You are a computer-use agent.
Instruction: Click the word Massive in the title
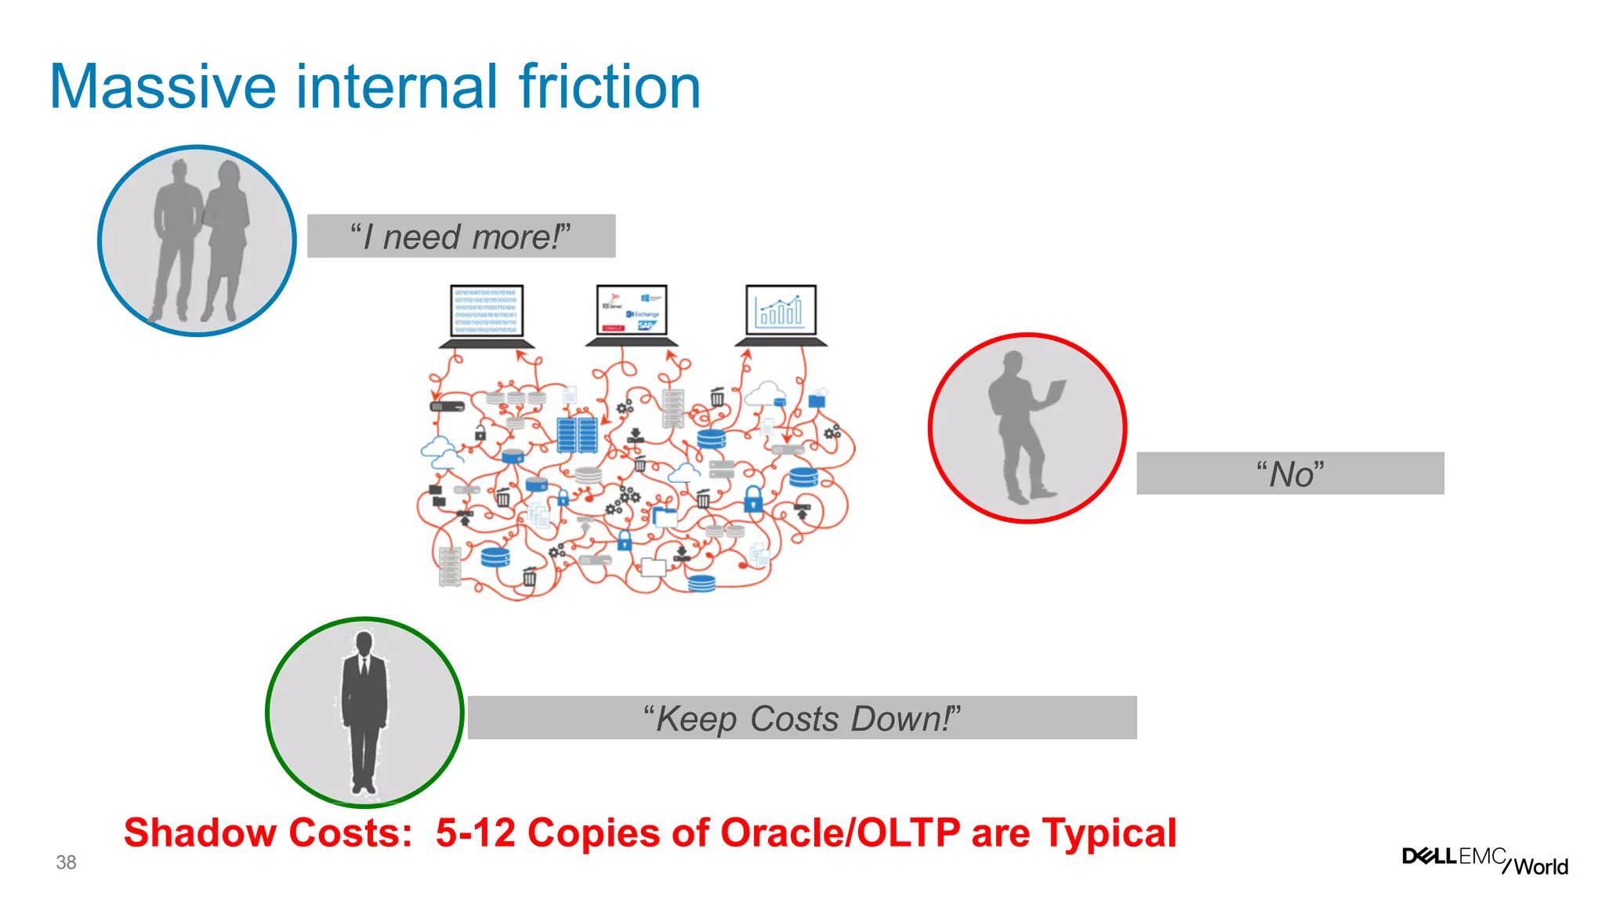tap(162, 87)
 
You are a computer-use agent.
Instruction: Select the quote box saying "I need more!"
tap(461, 236)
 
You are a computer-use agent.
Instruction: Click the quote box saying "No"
tap(1290, 473)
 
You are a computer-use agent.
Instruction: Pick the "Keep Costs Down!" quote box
tap(802, 718)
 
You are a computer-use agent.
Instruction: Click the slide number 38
tap(66, 862)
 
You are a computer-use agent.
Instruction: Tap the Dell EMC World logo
tap(1485, 860)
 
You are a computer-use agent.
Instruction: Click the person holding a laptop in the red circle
tap(1019, 427)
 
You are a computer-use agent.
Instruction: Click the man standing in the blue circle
tap(176, 239)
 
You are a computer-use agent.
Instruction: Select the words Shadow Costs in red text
tap(267, 832)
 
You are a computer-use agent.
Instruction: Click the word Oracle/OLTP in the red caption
tap(840, 832)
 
